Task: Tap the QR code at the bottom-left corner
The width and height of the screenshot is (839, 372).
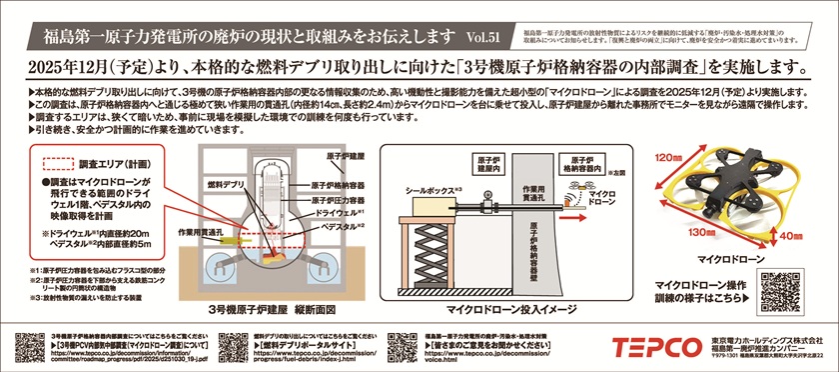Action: (29, 345)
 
